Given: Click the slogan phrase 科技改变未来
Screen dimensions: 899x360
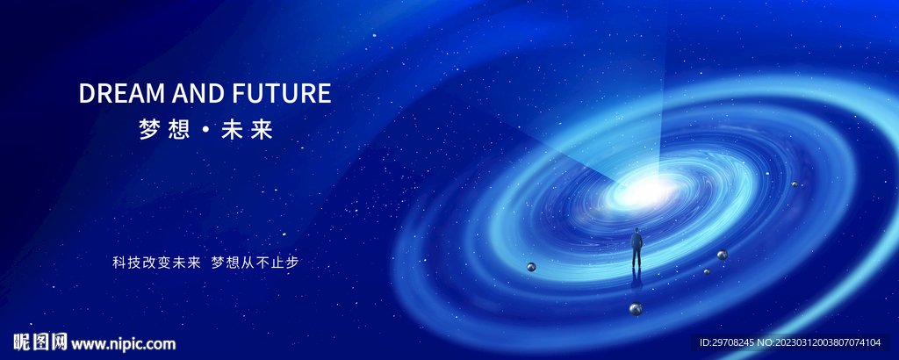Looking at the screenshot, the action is (156, 263).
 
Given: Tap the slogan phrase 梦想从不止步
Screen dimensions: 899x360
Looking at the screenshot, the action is (255, 263).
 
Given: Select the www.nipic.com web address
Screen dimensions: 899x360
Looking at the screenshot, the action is (123, 344).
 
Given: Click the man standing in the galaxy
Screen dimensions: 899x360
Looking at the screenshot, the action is (636, 248).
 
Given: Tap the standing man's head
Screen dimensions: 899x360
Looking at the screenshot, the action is (636, 230).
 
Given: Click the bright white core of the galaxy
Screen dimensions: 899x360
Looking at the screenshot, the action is (651, 188).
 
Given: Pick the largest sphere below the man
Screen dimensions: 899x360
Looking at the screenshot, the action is (636, 308).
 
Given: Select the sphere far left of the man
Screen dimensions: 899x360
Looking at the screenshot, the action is (531, 267).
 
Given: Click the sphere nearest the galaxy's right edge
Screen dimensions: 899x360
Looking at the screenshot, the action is (795, 184).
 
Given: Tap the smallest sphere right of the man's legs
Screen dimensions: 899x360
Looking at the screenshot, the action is (707, 271).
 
